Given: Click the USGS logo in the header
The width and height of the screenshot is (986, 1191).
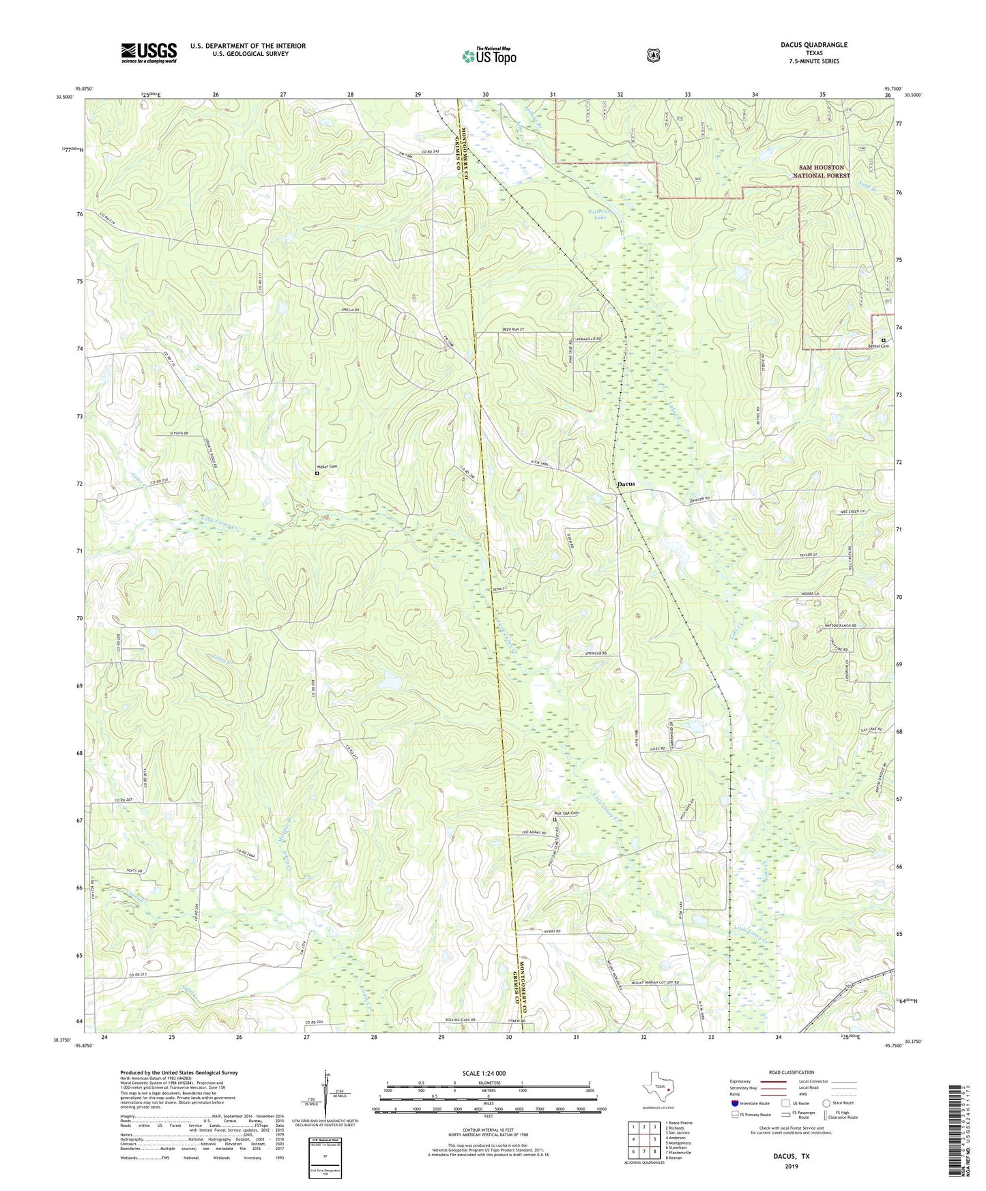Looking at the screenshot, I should [149, 53].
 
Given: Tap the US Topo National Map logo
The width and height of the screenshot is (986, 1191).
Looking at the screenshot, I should [488, 55].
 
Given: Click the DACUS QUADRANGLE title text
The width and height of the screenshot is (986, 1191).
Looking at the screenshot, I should [814, 45].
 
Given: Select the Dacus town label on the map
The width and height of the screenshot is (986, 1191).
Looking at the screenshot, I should [625, 484].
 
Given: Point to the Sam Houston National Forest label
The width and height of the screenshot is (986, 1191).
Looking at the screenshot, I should [821, 171].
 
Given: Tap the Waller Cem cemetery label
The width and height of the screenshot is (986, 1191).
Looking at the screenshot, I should [328, 467].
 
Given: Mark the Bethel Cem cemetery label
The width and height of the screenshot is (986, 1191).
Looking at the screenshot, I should [878, 346].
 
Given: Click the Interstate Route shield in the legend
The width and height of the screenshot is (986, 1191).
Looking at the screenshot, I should [734, 1103].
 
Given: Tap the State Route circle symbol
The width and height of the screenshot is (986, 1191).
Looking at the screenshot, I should [826, 1103].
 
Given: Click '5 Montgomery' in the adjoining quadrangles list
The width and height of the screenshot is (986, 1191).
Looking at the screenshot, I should [678, 1143].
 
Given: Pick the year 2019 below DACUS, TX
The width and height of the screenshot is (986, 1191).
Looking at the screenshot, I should [791, 1166].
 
